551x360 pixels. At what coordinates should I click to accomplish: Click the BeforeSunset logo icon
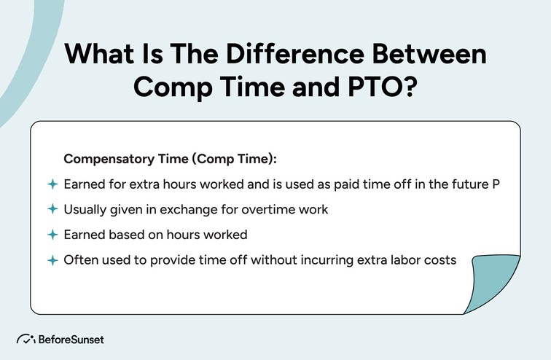pos(26,340)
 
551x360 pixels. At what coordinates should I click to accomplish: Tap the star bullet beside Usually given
pos(52,209)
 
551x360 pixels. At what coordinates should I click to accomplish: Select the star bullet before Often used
pos(52,260)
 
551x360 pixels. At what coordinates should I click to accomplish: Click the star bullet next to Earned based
pos(52,235)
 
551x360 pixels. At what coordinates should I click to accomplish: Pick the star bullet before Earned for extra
pos(52,184)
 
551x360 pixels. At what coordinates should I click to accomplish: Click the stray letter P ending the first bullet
pos(496,184)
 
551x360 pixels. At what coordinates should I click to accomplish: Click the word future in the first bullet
pos(468,184)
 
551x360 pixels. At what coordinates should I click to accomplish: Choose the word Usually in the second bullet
pos(84,209)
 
